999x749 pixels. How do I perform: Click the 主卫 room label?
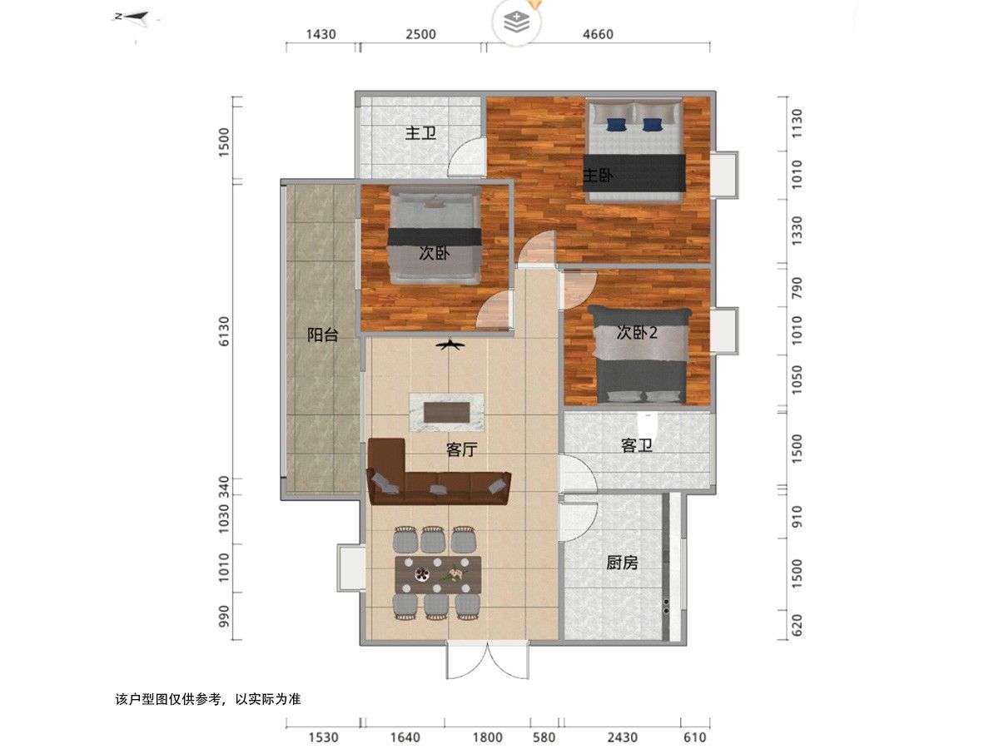(x=420, y=133)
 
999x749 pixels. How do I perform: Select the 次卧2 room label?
(x=637, y=333)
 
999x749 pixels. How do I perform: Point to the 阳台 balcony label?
(x=323, y=335)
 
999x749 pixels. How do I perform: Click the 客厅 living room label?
(x=461, y=449)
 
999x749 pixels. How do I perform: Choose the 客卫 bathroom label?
(x=636, y=446)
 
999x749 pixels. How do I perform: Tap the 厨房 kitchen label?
(x=622, y=563)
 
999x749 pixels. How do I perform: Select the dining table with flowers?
(x=438, y=573)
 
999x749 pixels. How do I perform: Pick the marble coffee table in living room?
(x=447, y=411)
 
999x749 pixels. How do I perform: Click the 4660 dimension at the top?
(x=598, y=34)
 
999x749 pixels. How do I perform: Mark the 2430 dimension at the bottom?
(x=622, y=737)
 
